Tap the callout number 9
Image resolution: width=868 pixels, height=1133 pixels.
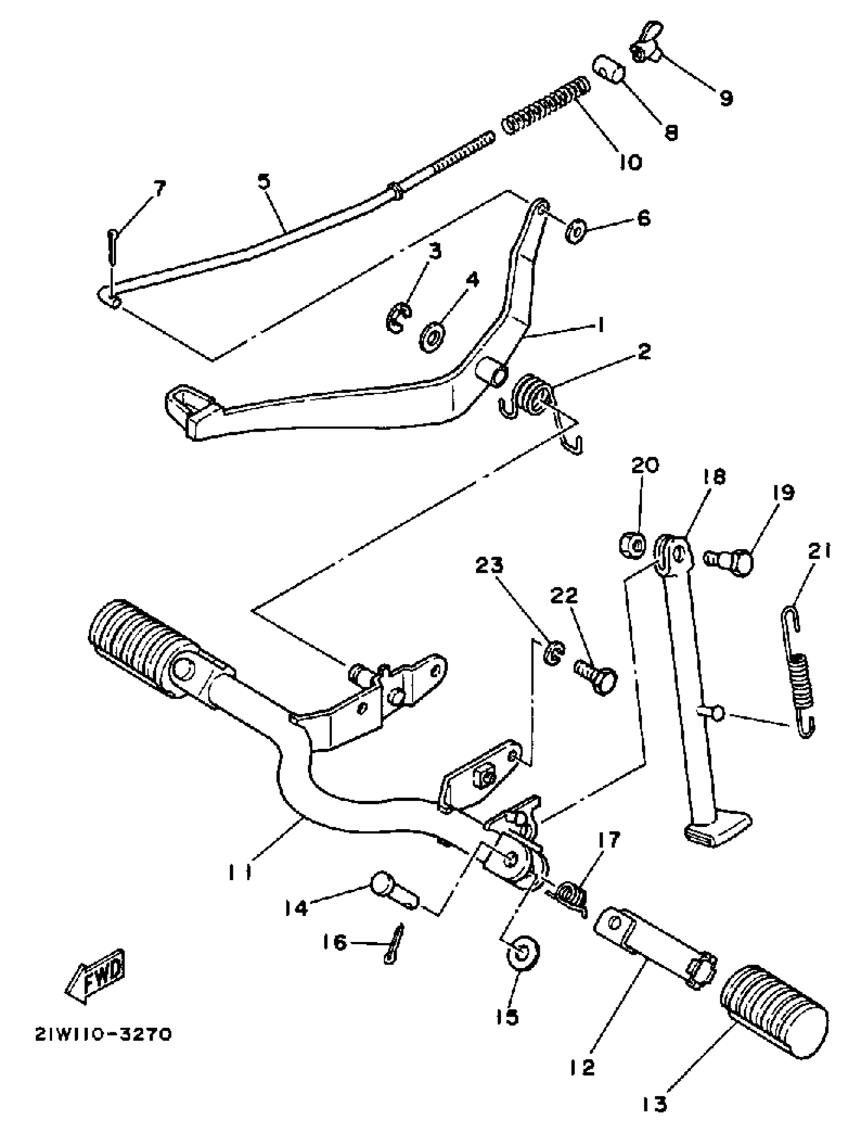coord(726,97)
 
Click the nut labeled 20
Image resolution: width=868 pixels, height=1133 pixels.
coord(632,544)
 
